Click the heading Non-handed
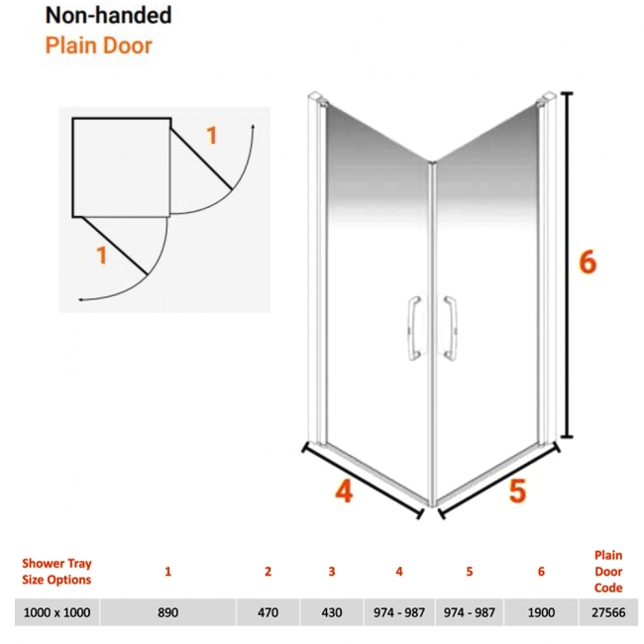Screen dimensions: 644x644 click(108, 16)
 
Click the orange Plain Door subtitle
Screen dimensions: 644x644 click(98, 46)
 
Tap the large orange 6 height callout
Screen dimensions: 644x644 click(588, 262)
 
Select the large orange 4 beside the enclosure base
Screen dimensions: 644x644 click(344, 491)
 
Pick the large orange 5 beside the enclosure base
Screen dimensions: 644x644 click(517, 490)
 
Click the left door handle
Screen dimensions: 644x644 click(414, 329)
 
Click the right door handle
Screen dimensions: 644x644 click(450, 329)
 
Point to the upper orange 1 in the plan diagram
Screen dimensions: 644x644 click(211, 136)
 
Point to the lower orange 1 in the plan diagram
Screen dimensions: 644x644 click(101, 255)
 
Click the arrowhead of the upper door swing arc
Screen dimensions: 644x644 click(253, 126)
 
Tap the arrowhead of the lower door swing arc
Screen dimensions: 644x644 click(81, 300)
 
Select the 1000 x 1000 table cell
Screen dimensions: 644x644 click(56, 612)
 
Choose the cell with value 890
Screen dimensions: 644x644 click(168, 612)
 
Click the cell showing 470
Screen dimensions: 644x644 click(268, 612)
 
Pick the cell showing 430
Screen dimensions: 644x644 click(332, 612)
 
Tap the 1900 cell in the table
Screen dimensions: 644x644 click(541, 612)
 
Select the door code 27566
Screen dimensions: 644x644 click(608, 612)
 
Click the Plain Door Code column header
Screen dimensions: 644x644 click(608, 572)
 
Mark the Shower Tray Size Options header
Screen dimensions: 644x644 click(56, 572)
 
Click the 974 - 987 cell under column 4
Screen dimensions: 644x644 click(399, 612)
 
